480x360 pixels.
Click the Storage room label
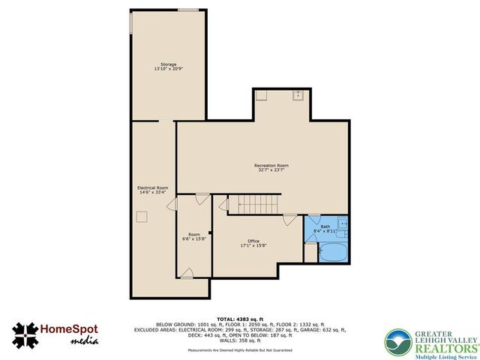(168, 64)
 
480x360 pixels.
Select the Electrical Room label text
(152, 187)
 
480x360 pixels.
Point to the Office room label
(254, 241)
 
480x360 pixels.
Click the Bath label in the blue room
(325, 226)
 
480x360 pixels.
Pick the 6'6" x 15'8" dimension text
(194, 238)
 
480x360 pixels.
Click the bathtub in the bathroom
(334, 251)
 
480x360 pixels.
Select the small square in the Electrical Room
(140, 217)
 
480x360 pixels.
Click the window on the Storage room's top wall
(188, 10)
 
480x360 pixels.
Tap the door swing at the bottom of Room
(187, 273)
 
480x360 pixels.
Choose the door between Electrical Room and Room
(172, 205)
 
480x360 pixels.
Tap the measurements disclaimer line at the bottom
(239, 351)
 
